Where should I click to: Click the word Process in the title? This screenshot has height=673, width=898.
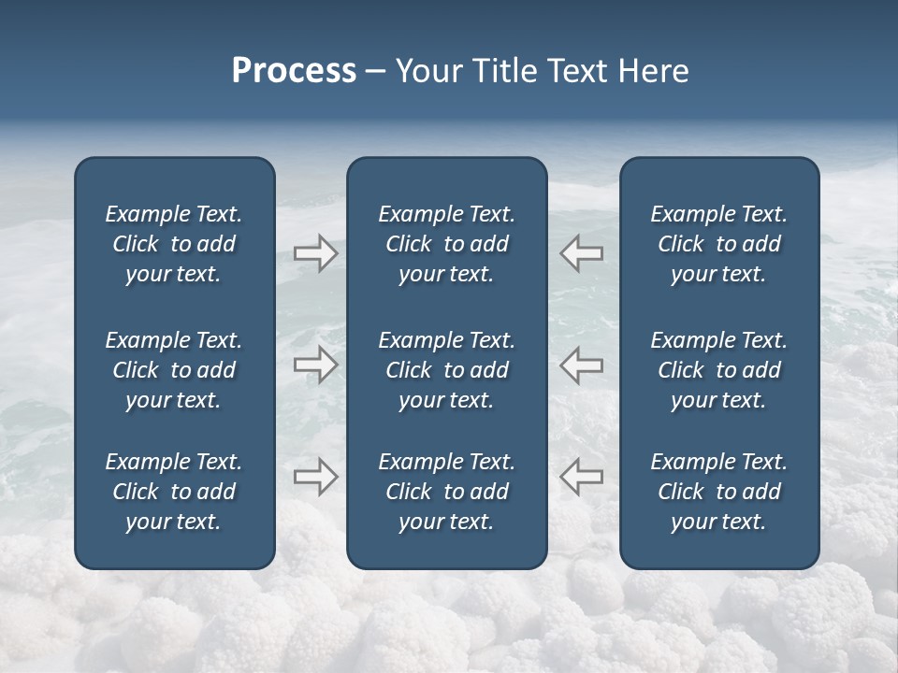pos(294,71)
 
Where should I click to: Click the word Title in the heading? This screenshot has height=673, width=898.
pos(501,71)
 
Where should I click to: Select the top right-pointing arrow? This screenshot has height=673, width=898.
pos(316,253)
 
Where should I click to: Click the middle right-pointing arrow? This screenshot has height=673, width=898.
pos(316,365)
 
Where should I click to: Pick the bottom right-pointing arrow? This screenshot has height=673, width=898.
pos(316,477)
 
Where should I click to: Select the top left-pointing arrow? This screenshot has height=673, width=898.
pos(581,253)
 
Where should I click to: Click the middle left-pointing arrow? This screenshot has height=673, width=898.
pos(581,365)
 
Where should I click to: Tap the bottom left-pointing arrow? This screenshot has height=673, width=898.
pos(581,477)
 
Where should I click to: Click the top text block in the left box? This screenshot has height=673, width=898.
pos(174,244)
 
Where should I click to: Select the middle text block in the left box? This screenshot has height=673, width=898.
pos(174,370)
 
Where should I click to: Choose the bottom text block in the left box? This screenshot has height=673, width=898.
pos(174,492)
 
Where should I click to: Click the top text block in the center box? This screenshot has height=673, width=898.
pos(446,244)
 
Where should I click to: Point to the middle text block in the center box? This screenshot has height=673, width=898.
pos(446,370)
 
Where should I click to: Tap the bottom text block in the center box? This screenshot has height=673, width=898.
pos(446,492)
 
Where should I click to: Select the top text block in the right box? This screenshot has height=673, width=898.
pos(718,244)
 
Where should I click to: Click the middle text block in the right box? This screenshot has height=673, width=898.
pos(718,370)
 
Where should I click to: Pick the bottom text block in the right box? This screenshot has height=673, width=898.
pos(718,492)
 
